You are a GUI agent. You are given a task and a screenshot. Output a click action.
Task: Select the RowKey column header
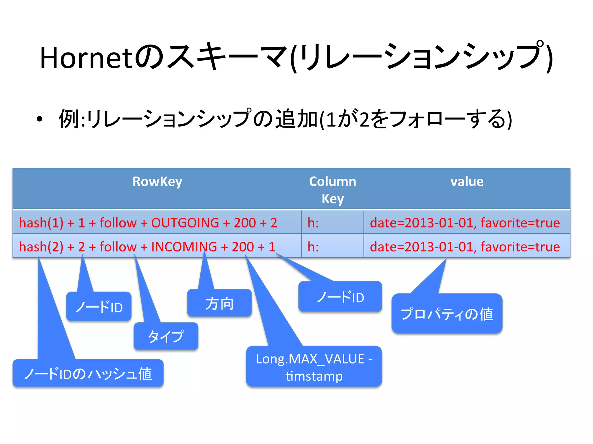click(157, 182)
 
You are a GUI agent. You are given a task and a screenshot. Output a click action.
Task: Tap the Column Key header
click(332, 190)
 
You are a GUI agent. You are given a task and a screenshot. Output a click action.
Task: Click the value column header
click(467, 182)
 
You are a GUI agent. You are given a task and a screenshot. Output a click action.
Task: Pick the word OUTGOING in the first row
click(185, 223)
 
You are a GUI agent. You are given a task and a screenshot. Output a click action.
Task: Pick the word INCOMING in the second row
click(184, 247)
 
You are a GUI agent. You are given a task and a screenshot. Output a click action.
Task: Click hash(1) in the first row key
click(41, 223)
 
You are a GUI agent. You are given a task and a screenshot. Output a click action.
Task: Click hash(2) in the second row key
click(41, 247)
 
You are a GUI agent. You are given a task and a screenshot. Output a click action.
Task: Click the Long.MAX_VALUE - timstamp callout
click(314, 367)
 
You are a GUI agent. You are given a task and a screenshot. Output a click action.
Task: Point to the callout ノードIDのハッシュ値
click(88, 373)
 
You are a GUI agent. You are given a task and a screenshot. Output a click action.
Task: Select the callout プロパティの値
click(447, 314)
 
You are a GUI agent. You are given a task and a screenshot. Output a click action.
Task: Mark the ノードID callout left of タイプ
click(99, 307)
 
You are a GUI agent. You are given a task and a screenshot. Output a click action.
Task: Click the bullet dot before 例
click(40, 119)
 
